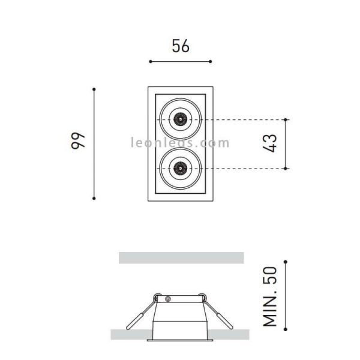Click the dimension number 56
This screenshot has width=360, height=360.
pos(181,46)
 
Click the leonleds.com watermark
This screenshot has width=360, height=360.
pos(180,143)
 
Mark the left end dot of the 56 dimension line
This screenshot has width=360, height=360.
pos(150,61)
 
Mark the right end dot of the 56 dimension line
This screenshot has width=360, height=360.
pos(211,61)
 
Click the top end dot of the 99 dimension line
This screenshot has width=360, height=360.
pos(94,89)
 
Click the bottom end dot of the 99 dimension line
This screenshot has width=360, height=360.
pos(94,198)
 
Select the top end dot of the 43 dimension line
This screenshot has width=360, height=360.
pos(286,119)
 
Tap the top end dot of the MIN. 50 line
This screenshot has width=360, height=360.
pos(286,262)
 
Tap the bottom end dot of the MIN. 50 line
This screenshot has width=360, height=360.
pos(286,329)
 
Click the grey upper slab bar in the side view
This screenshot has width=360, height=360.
pos(181,257)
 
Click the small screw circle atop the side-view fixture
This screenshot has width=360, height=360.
pos(169,298)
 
